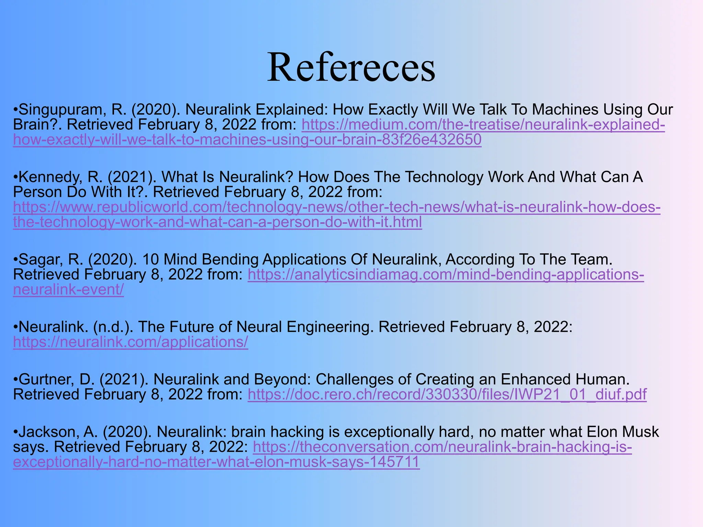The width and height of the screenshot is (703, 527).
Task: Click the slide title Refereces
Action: pos(351,67)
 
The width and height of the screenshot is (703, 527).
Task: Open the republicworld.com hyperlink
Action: pos(336,207)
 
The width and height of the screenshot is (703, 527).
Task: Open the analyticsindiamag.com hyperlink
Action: pos(446,275)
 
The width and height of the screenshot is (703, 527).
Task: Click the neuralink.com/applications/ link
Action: pos(130,342)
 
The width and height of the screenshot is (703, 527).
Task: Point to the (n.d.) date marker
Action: pos(113,327)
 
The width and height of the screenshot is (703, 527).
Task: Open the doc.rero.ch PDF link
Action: pos(447,395)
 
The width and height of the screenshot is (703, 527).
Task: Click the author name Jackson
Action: pos(48,432)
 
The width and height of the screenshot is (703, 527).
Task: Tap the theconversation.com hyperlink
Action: pos(442,447)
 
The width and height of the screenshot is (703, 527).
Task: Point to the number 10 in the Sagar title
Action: pos(150,259)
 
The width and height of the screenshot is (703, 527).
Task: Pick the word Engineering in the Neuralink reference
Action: pos(330,327)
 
